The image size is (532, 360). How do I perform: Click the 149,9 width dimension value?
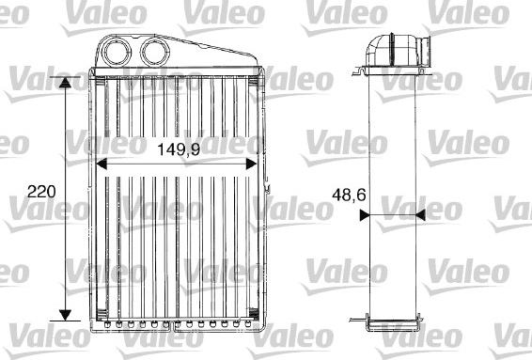(x=178, y=148)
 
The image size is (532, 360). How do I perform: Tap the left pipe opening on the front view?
(x=120, y=49)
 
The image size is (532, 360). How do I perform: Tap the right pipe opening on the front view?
(x=152, y=49)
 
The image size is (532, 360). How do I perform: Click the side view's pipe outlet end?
(x=425, y=47)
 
